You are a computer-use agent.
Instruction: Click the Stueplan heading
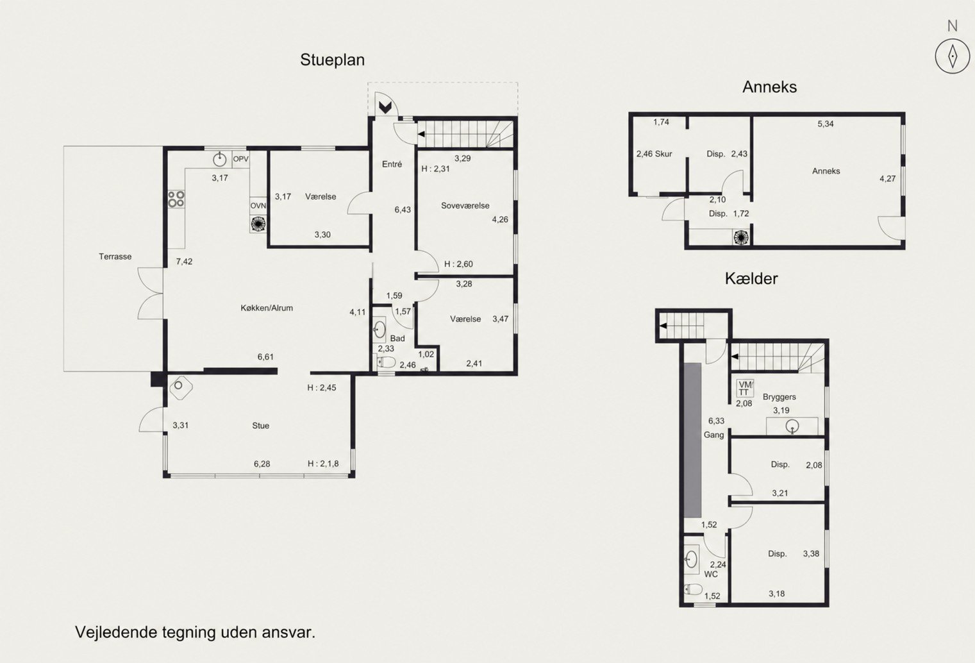coord(332,60)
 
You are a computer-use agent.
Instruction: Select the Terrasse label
coord(115,256)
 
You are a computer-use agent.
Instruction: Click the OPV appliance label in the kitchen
coord(240,159)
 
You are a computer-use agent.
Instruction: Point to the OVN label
coord(258,205)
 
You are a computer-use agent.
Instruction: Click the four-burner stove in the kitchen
coord(176,199)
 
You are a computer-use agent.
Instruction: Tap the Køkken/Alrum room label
coord(267,308)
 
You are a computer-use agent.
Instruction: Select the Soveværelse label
coord(465,205)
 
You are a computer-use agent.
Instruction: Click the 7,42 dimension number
coord(184,262)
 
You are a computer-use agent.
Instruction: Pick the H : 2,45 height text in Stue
coord(322,387)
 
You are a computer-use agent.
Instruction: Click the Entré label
coord(392,164)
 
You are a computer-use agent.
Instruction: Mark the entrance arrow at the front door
coord(385,107)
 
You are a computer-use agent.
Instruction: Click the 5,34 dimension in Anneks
coord(825,124)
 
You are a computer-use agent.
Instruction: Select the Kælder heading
coord(751,279)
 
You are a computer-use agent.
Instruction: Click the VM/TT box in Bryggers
coord(745,389)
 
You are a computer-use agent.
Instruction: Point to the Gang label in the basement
coord(714,435)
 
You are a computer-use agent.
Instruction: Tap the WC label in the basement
coord(711,574)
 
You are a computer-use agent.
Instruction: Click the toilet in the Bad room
coord(386,362)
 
